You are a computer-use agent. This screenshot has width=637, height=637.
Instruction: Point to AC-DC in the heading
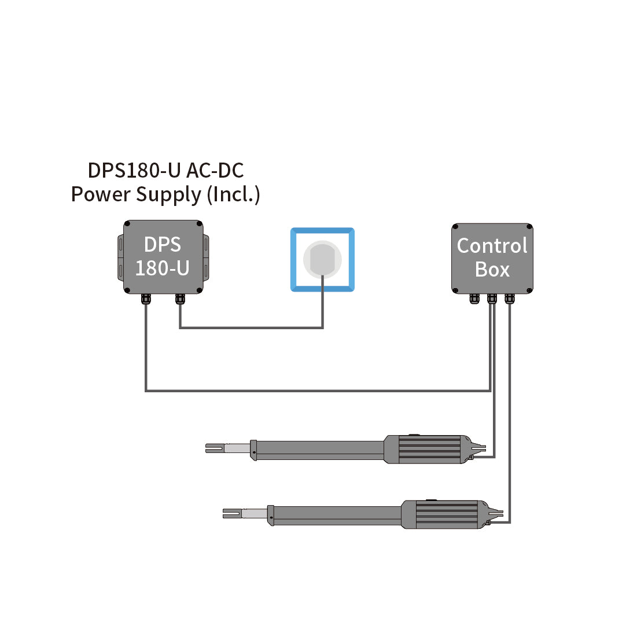pos(215,171)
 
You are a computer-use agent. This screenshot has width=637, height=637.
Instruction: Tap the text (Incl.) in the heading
pos(233,194)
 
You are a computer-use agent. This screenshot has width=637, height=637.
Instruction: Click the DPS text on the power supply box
pos(162,245)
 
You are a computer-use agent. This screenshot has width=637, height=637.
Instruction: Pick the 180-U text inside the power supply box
pos(162,268)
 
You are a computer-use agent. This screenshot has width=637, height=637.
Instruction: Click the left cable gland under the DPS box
pos(145,299)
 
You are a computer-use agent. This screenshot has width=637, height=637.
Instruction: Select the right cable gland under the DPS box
pos(180,299)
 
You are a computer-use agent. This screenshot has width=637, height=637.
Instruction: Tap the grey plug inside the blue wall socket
pos(322,259)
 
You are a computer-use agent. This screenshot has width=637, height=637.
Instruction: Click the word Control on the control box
pos(492,246)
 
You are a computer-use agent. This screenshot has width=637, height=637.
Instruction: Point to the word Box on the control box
pos(492,270)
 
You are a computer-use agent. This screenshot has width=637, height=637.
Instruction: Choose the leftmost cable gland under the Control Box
pos(475,299)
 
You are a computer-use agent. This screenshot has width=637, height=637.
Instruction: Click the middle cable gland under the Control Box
pos(492,299)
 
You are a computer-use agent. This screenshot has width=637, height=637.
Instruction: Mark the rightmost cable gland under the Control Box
pos(509,299)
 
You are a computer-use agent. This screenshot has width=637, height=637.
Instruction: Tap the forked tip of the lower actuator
pos(231,513)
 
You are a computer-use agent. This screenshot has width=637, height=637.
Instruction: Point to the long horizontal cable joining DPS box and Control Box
pos(318,391)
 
